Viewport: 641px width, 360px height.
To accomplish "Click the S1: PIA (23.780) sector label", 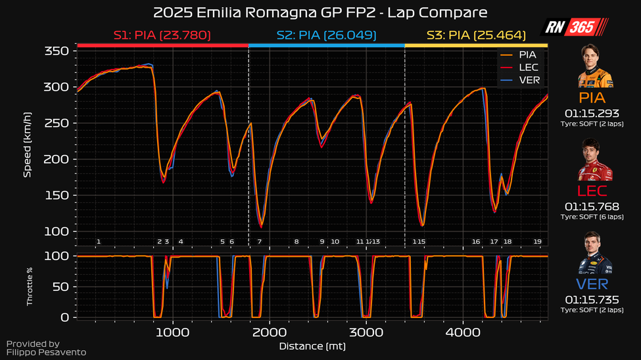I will coord(162,35).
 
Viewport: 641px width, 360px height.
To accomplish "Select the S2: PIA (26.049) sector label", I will coord(327,35).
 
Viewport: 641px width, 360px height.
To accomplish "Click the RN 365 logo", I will coord(574,27).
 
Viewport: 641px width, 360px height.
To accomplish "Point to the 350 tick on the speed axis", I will coord(58,51).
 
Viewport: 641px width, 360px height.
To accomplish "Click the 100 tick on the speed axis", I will coord(58,231).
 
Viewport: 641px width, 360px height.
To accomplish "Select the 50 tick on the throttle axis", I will coord(62,286).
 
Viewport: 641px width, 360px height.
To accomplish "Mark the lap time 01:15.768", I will coord(596,206).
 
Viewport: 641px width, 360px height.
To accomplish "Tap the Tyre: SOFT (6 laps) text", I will coord(596,217).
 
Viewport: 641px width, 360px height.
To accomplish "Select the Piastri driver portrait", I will coord(596,67).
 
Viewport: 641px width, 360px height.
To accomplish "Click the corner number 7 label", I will coord(260,242).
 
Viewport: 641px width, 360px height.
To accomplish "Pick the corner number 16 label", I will coord(476,242).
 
